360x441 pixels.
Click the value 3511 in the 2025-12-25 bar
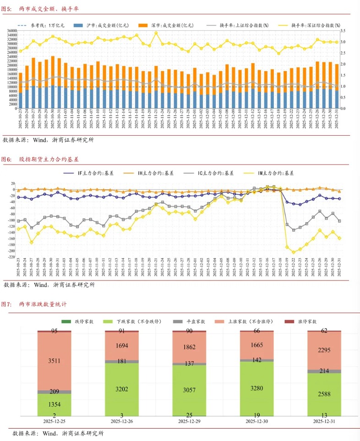[x=54, y=361]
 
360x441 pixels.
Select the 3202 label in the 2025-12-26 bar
[x=121, y=390]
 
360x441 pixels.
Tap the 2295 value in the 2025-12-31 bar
[x=324, y=350]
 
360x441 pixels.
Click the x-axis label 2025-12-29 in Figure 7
[x=189, y=421]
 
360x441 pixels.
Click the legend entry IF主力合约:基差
[x=96, y=173]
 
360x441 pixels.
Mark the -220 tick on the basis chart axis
[x=10, y=257]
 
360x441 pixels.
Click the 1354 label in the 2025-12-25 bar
[x=54, y=405]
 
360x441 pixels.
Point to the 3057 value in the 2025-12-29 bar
[x=189, y=390]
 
